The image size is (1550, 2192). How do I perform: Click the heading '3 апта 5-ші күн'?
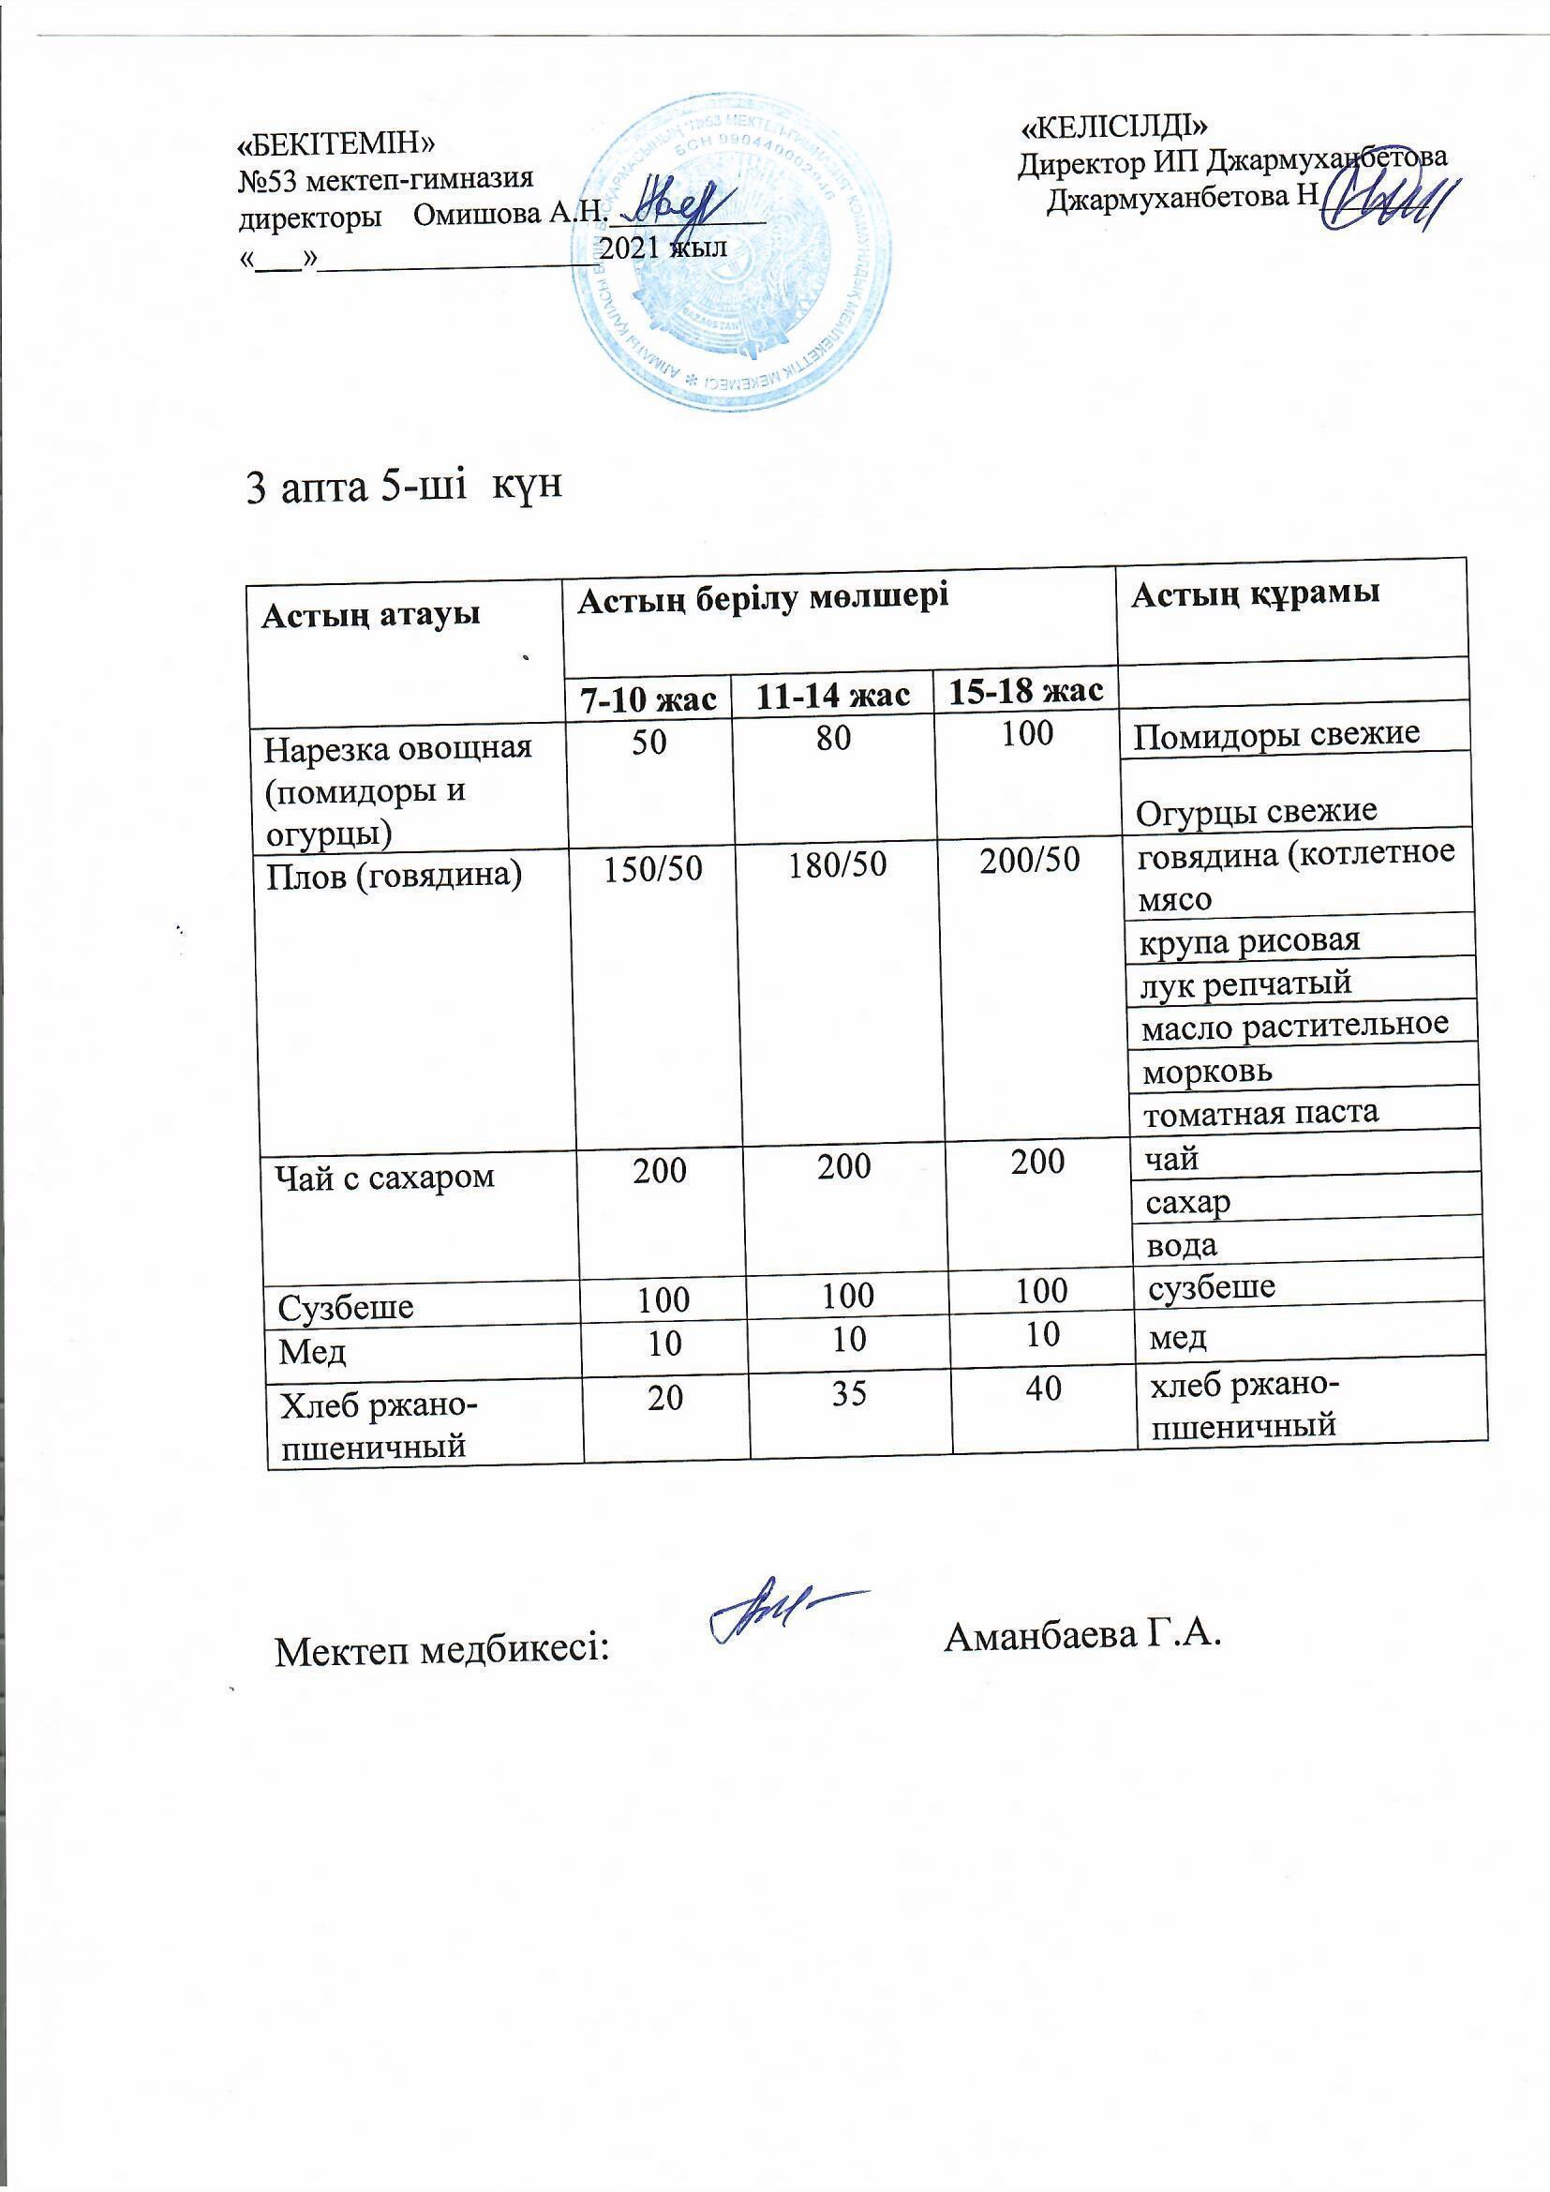pos(405,487)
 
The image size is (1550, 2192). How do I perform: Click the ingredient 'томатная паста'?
pos(1259,1111)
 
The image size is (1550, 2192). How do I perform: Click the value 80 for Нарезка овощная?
pos(833,738)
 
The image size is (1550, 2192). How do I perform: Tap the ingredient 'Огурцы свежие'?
pos(1257,812)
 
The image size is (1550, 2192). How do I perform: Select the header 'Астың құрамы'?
pos(1255,594)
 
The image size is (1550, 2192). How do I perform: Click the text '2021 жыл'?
pos(664,248)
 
